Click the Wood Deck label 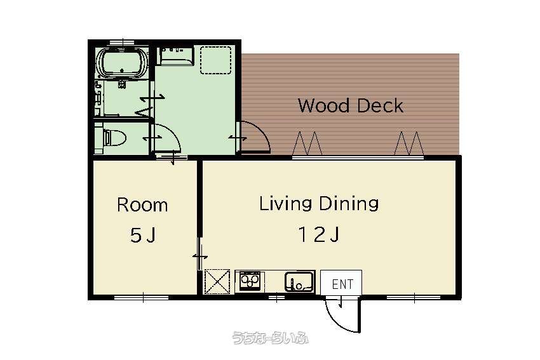[351, 105]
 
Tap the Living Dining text [319, 203]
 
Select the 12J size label [319, 235]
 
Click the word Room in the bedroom [142, 205]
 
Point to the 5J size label [143, 236]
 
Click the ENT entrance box [341, 283]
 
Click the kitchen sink [300, 282]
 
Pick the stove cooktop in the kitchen [250, 281]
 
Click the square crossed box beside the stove [217, 282]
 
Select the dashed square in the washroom [216, 60]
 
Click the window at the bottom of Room [142, 297]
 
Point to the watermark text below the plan [271, 338]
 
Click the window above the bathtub [122, 43]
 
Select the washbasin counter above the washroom [175, 56]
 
